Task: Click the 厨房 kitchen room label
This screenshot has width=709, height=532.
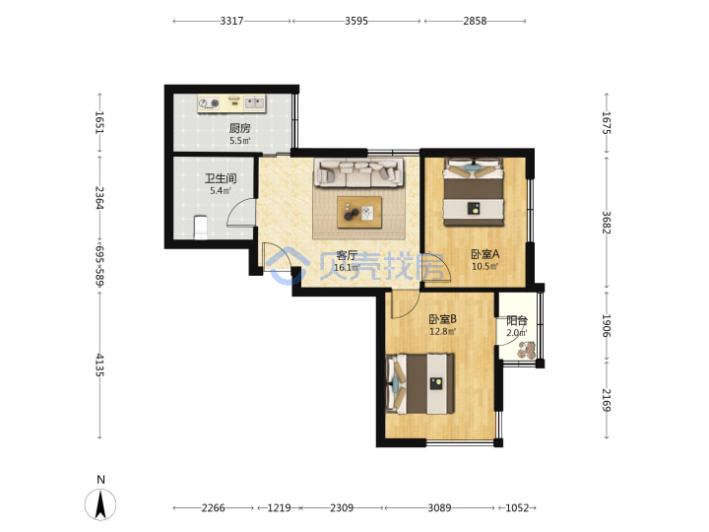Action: [239, 128]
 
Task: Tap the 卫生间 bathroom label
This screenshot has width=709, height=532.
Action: [221, 178]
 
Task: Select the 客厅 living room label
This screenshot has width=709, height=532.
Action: [347, 256]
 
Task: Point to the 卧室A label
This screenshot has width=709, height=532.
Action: [485, 254]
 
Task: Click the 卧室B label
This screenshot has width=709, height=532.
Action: [443, 319]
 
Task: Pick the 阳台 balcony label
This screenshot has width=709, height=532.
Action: [517, 321]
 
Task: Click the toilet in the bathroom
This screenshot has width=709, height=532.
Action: [200, 228]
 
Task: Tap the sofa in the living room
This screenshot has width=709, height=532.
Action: [359, 172]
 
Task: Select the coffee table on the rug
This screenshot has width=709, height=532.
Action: [359, 212]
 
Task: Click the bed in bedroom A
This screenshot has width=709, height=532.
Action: [474, 192]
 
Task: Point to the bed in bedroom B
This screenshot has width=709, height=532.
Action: [420, 384]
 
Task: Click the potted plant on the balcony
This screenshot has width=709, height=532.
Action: [527, 350]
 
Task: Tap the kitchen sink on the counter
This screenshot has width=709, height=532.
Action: [255, 102]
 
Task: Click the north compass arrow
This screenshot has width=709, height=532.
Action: [100, 504]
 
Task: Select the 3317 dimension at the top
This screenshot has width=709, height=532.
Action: [232, 21]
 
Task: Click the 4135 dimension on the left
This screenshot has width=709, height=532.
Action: [99, 366]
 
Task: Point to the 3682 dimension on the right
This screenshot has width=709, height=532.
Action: [607, 223]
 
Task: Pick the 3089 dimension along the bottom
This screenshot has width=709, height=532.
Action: [439, 508]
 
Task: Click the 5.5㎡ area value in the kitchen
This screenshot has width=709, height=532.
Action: [239, 141]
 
